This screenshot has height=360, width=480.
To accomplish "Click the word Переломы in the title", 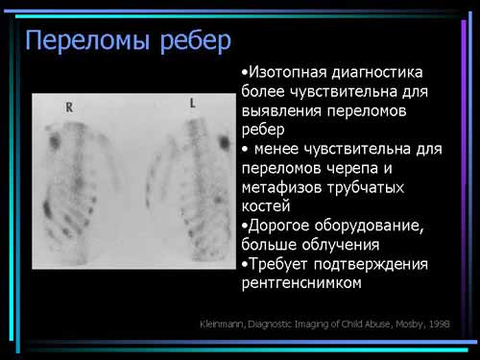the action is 87,40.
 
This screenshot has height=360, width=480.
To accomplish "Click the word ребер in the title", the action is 196,41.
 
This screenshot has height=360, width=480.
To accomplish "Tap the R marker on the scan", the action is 69,108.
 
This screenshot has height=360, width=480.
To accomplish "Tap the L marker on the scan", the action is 193,103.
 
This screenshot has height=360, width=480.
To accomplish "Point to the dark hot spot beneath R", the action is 55,140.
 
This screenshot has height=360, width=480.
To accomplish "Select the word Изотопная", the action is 288,72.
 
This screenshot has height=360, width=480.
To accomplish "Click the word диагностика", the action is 377,73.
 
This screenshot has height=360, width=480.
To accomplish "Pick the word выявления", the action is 281,110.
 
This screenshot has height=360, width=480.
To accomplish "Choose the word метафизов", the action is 281,187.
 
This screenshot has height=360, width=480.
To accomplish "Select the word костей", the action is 266,206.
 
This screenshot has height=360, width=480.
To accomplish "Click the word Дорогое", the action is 279,226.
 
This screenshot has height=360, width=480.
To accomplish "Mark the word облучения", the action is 341,245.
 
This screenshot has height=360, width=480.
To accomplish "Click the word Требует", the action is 277,264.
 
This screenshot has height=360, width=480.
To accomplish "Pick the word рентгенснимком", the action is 301,283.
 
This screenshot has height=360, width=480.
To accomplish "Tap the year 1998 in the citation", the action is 440,324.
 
